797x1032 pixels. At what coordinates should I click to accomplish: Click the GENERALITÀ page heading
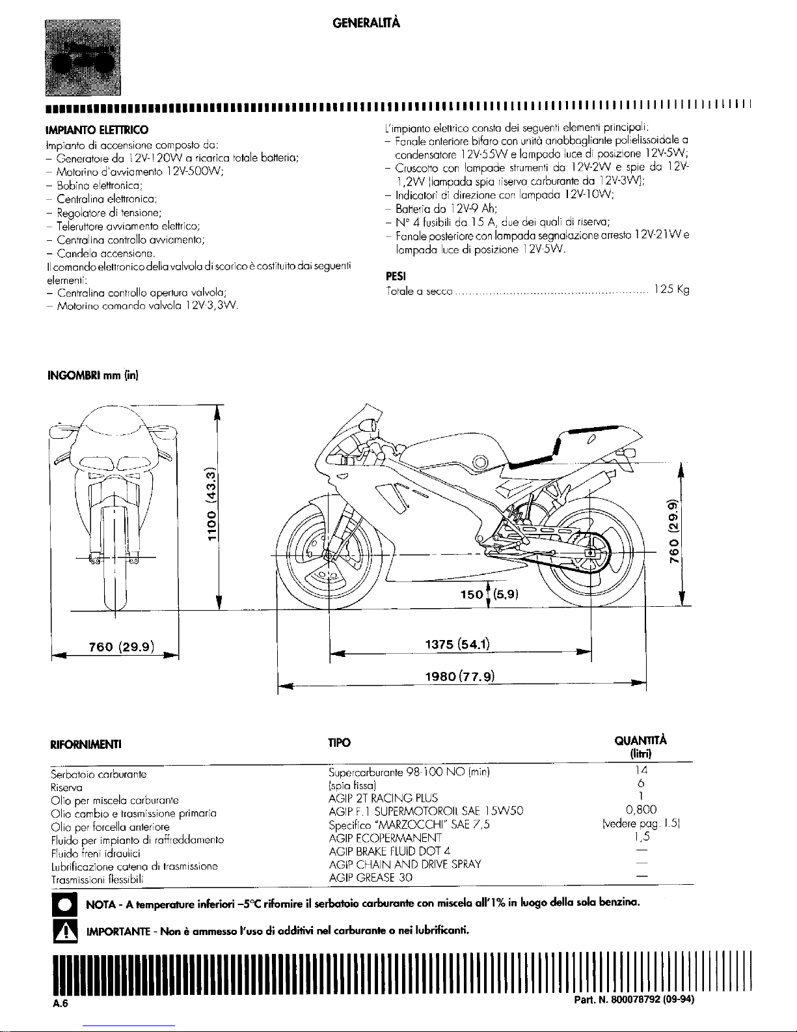point(366,23)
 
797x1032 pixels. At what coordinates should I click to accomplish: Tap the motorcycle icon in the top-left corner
point(83,57)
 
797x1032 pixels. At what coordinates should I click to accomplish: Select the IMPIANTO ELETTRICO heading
point(97,130)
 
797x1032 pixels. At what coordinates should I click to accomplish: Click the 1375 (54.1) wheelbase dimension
point(457,644)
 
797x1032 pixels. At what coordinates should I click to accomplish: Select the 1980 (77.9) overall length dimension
point(460,676)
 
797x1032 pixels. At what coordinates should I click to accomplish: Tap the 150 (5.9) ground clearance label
point(489,594)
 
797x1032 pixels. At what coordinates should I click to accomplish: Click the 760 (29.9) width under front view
point(122,647)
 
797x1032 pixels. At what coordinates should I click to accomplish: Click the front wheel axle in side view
point(328,555)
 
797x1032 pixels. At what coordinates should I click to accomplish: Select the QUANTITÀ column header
point(640,740)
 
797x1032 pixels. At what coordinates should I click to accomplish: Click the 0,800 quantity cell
point(641,810)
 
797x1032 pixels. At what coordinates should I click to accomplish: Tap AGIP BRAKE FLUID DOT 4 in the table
point(390,851)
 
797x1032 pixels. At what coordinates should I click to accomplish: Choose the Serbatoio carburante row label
point(99,774)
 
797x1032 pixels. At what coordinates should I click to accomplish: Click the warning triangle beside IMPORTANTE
point(64,931)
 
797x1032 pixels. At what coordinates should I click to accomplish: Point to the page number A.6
point(61,1003)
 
